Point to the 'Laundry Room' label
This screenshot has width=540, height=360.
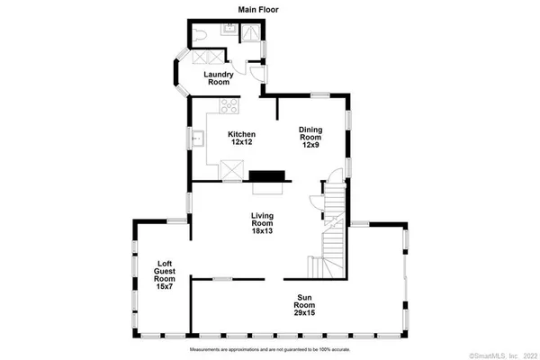[x=219, y=77]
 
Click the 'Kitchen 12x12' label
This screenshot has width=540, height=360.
[x=240, y=139]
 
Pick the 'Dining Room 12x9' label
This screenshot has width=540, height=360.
[x=311, y=137]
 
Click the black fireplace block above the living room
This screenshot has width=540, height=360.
[x=267, y=176]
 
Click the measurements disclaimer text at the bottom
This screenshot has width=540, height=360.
[x=269, y=348]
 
